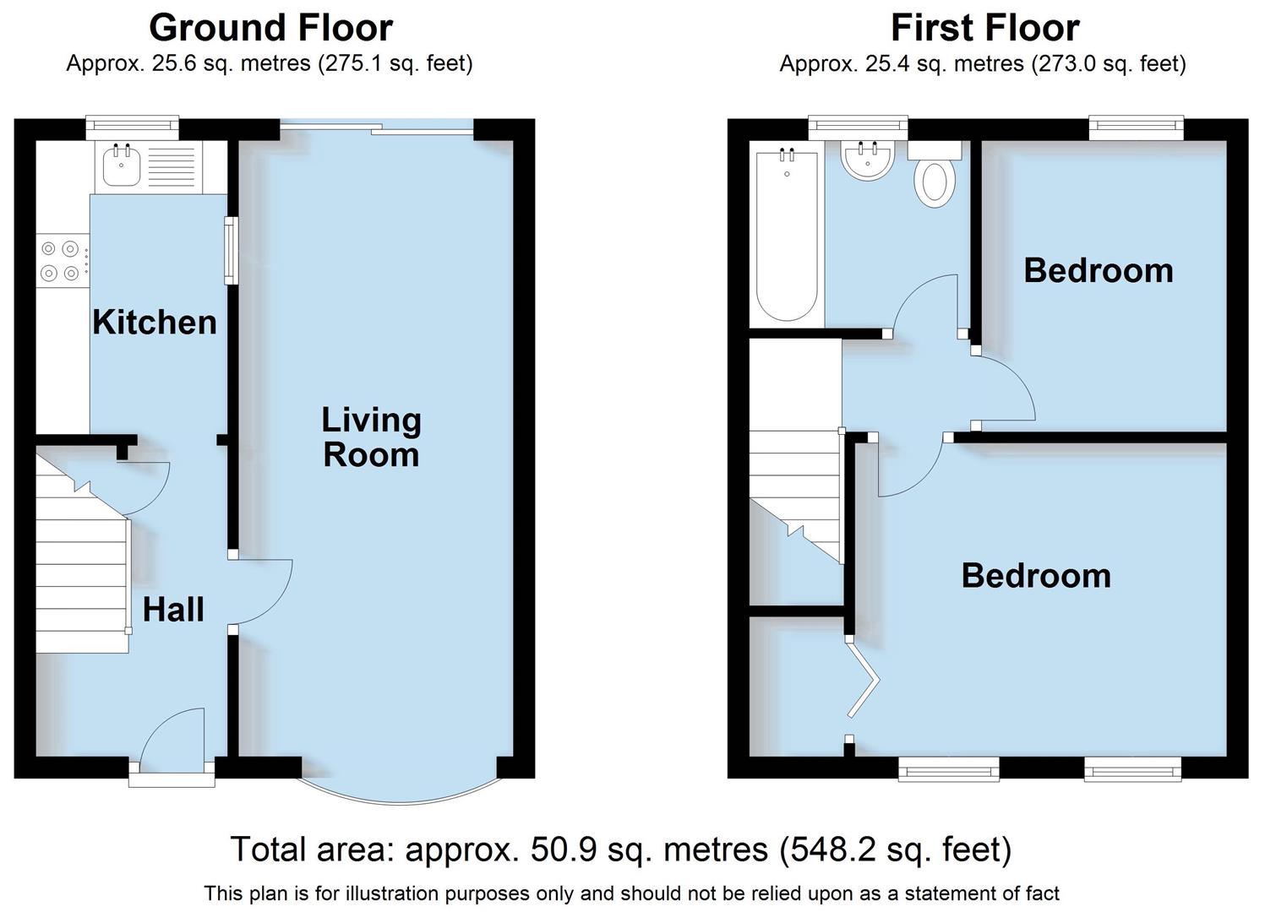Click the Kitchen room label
click(155, 322)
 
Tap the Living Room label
click(371, 437)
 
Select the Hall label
click(173, 609)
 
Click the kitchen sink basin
click(122, 166)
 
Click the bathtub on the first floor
click(787, 236)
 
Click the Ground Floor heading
click(270, 28)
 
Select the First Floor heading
click(984, 28)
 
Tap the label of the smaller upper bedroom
click(1098, 270)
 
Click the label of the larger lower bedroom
click(1036, 575)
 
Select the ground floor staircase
click(81, 574)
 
